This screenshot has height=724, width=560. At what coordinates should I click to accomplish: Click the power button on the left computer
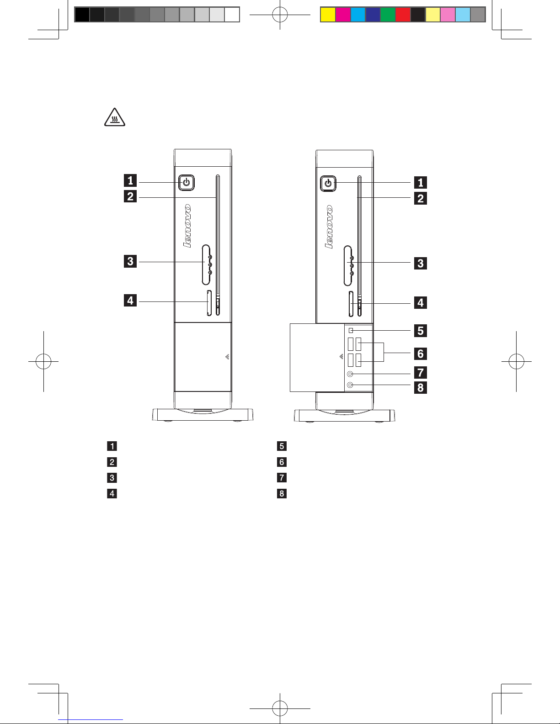click(187, 183)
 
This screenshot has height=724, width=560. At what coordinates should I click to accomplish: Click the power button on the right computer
click(328, 184)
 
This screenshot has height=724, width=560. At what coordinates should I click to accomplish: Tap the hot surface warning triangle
click(115, 117)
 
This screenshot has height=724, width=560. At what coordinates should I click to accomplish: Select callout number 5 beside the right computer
click(420, 331)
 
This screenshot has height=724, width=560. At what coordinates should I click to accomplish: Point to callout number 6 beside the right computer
click(420, 354)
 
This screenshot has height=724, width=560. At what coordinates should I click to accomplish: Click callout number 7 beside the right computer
click(420, 372)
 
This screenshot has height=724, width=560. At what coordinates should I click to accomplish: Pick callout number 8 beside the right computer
click(420, 387)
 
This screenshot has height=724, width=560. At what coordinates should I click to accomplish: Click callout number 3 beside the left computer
click(130, 261)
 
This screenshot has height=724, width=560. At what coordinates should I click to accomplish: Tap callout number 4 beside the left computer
click(130, 300)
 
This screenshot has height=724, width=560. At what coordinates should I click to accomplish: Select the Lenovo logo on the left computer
click(188, 226)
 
